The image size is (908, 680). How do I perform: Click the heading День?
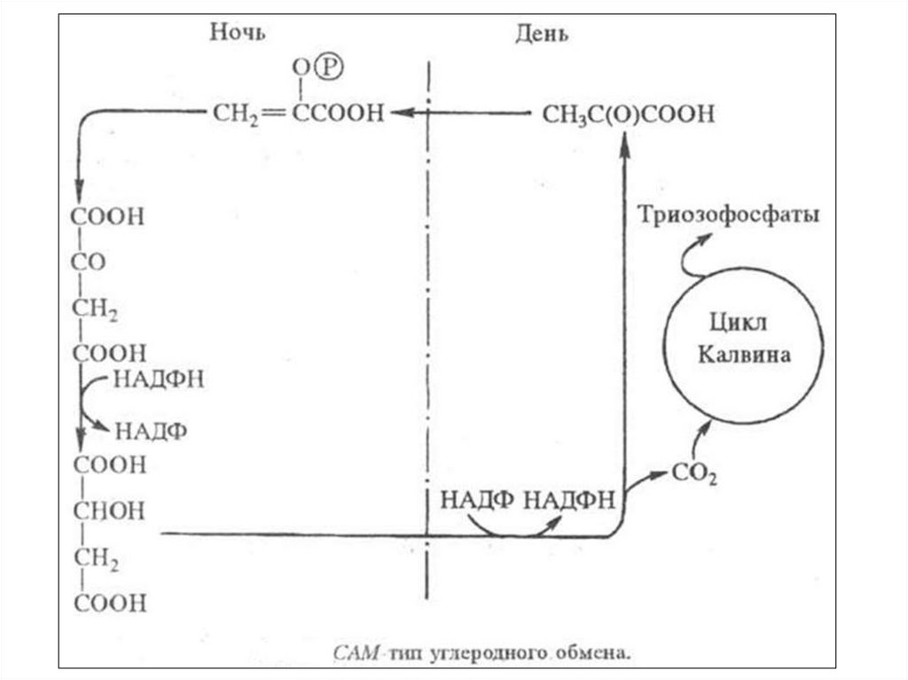(x=542, y=35)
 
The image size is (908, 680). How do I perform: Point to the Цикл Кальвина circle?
(x=744, y=336)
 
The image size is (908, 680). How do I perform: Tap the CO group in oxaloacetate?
(x=90, y=263)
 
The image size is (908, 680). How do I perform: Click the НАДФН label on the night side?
(x=159, y=379)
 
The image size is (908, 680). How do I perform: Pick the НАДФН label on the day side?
(x=568, y=499)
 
